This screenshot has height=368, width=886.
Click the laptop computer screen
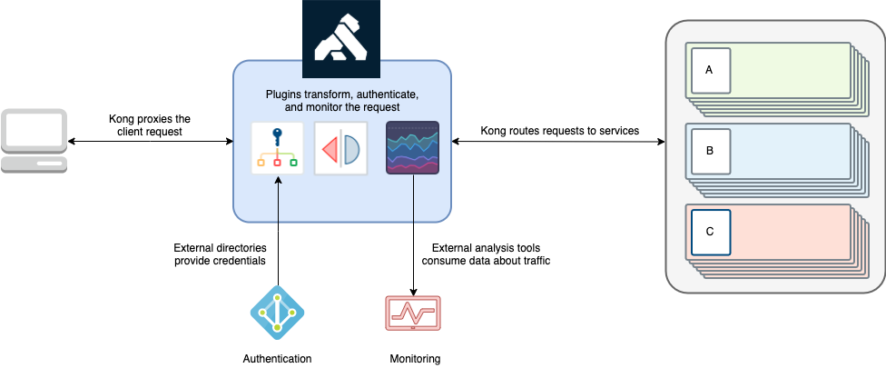coord(34,131)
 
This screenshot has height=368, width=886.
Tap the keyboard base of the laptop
coord(34,164)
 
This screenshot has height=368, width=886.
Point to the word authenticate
coord(382,94)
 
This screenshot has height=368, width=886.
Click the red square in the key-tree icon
coord(277,163)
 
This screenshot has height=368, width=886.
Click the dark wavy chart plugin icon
coord(413,147)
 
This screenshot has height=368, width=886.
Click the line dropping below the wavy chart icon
coord(413,199)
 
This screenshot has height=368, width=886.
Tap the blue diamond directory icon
coord(277,313)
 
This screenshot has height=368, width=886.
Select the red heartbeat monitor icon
coord(413,313)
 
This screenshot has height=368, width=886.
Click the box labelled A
coord(710,70)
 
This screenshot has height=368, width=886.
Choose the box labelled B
coord(710,151)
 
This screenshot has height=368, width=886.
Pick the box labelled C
coord(710,232)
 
